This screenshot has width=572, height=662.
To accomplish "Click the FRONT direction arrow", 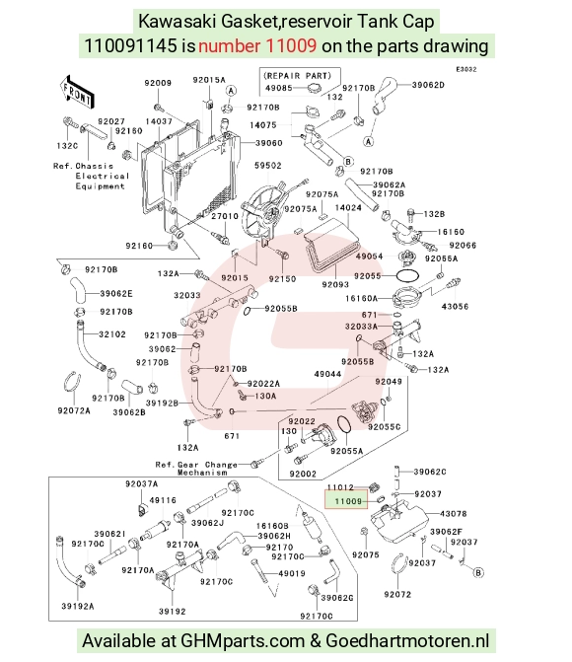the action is [77, 92].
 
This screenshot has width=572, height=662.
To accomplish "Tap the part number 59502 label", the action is [267, 166].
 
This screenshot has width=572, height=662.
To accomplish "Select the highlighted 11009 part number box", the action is [346, 500].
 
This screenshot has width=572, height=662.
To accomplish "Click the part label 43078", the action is [454, 514].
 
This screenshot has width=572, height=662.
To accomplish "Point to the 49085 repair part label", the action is [279, 88].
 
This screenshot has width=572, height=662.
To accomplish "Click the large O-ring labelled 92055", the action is [407, 275].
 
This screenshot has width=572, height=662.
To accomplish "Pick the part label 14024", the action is [348, 208].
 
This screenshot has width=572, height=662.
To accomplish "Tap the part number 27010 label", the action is [225, 216].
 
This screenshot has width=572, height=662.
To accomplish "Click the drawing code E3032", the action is [466, 69].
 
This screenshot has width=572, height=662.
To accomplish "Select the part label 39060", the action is [269, 143].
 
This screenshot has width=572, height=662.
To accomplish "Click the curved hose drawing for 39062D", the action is [385, 96].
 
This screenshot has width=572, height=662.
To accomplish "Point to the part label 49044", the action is [327, 374].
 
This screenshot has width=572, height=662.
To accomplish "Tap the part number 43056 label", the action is [455, 307].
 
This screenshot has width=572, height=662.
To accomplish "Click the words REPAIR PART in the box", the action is [297, 76].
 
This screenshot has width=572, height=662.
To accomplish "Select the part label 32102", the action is [112, 334].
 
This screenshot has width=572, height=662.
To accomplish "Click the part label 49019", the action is [292, 573].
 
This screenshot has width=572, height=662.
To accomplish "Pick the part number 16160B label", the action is [272, 526].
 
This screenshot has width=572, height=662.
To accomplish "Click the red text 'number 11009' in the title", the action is [257, 45].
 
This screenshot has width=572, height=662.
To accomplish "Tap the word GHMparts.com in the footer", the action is [243, 641].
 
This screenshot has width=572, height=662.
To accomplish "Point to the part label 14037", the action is [159, 121].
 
